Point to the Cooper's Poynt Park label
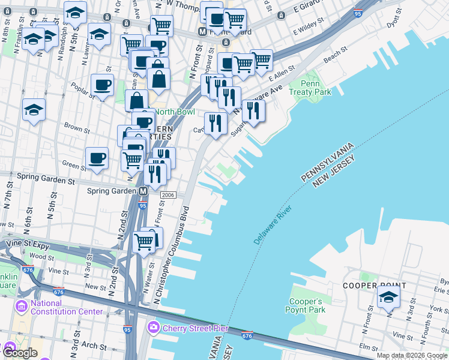(307, 305)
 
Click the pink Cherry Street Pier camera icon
(153, 328)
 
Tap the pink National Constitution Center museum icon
(22, 307)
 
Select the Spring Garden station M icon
(143, 191)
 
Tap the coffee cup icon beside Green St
(97, 158)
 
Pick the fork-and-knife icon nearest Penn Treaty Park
(253, 110)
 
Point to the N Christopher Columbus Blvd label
(170, 255)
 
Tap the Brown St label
(77, 128)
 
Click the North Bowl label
(174, 112)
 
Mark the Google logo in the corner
(20, 353)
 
